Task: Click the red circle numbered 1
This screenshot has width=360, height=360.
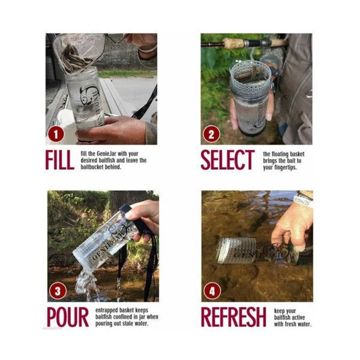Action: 56,134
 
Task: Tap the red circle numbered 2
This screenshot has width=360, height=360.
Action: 211,134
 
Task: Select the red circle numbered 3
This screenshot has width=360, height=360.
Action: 58,291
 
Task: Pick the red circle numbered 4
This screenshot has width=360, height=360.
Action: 212,291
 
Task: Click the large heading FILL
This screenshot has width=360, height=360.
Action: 59,160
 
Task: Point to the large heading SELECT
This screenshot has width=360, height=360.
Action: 228,160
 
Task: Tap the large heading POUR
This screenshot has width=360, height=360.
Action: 68,317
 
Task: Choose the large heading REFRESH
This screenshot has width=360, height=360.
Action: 233,317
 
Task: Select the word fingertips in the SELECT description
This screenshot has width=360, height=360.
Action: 285,167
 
